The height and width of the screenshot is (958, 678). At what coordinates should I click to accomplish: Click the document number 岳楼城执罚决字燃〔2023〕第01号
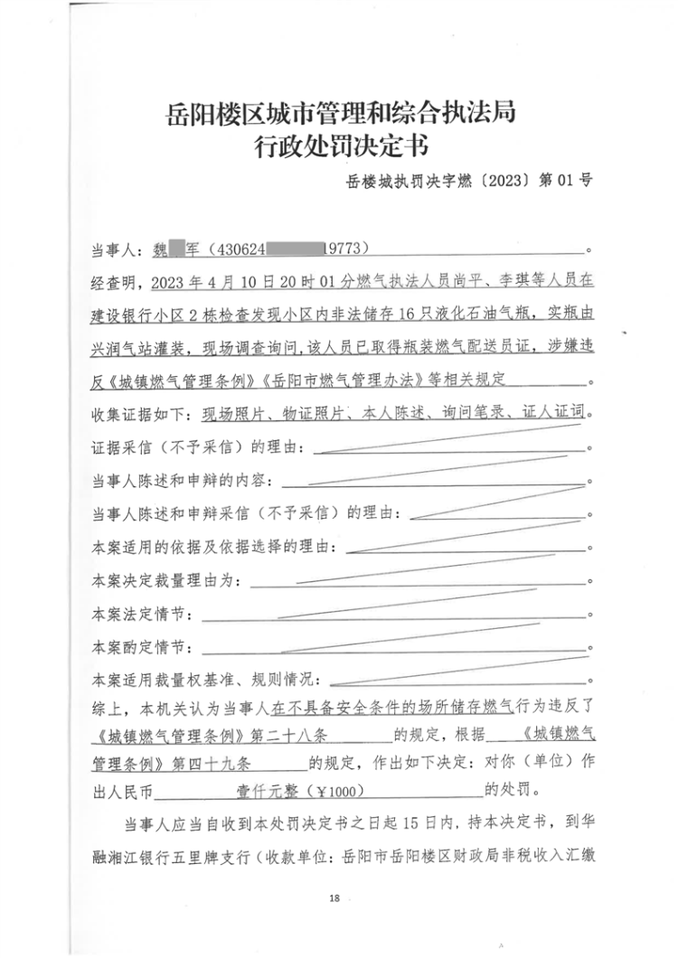[x=469, y=180]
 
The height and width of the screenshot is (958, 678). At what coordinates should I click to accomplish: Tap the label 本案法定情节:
[x=141, y=615]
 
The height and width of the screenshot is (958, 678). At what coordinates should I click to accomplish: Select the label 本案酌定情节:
[x=141, y=648]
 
